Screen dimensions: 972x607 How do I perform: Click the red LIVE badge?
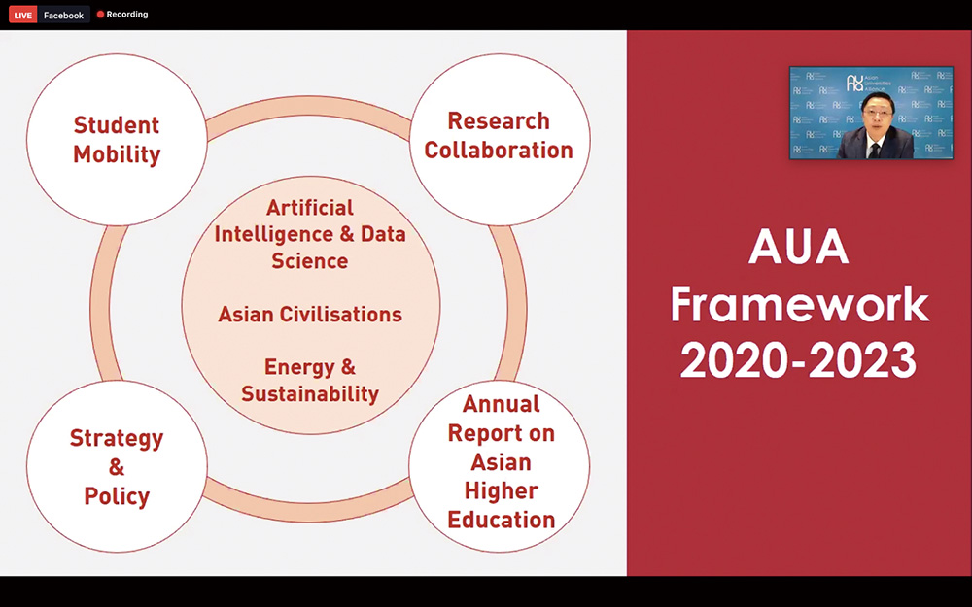pyautogui.click(x=23, y=15)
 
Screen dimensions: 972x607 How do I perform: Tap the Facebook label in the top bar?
pyautogui.click(x=63, y=15)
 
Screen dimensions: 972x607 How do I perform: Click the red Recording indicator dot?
pyautogui.click(x=100, y=15)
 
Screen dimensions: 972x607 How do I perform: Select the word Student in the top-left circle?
pyautogui.click(x=117, y=125)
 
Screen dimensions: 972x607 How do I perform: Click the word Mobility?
pyautogui.click(x=117, y=154)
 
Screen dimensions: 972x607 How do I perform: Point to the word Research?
pyautogui.click(x=499, y=120)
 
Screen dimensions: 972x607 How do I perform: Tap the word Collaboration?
pyautogui.click(x=499, y=150)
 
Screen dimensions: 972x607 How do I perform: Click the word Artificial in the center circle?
pyautogui.click(x=310, y=207)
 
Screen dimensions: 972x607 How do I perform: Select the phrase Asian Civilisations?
pyautogui.click(x=310, y=314)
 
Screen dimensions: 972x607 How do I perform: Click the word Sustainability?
pyautogui.click(x=310, y=394)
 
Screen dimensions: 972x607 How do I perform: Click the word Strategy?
pyautogui.click(x=117, y=439)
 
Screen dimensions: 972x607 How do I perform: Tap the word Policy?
pyautogui.click(x=117, y=496)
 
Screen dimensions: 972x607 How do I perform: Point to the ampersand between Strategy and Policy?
pyautogui.click(x=117, y=467)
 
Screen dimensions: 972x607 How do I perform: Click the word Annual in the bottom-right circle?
pyautogui.click(x=501, y=404)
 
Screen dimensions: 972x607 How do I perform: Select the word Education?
pyautogui.click(x=501, y=520)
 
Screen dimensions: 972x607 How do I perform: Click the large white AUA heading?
pyautogui.click(x=798, y=247)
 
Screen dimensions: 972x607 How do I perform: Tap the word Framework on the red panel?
pyautogui.click(x=799, y=304)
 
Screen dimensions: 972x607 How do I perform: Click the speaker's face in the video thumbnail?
pyautogui.click(x=877, y=120)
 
